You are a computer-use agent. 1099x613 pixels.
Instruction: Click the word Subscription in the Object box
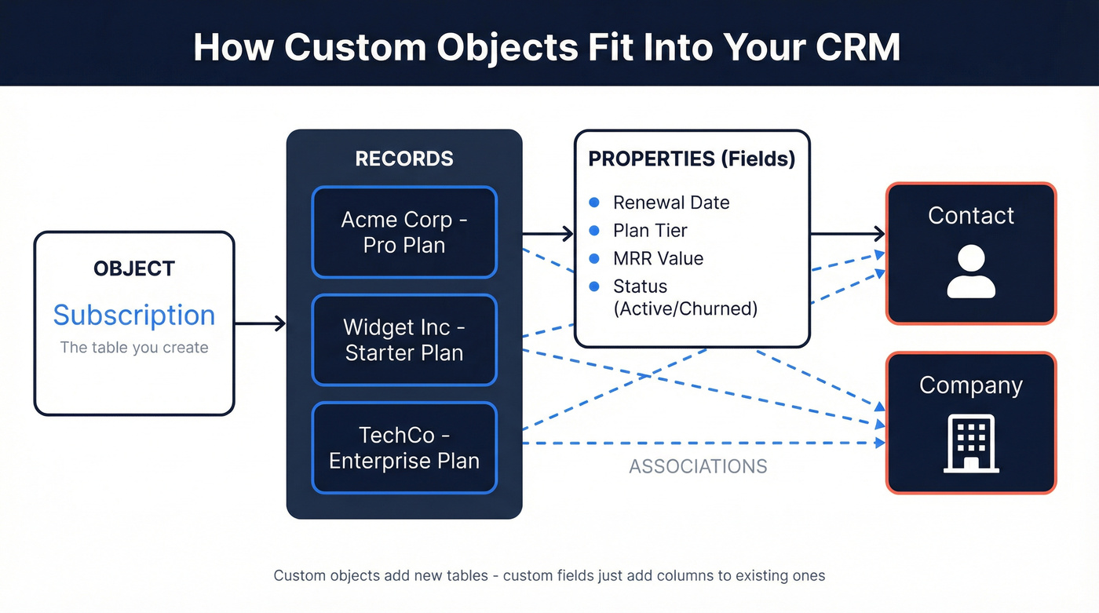coord(134,315)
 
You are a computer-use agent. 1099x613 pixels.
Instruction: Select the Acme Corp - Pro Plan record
coord(404,232)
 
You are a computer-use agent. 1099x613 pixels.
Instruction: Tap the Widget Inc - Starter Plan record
coord(404,340)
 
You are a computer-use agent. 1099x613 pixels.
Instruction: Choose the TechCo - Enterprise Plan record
coord(404,447)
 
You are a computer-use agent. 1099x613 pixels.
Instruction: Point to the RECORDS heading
coord(404,159)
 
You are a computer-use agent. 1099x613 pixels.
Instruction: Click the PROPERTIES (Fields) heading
coord(692,159)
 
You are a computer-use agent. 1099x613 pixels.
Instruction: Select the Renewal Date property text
coord(671,203)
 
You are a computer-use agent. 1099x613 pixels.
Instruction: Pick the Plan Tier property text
coord(650,231)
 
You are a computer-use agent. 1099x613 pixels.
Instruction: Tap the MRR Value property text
coord(658,258)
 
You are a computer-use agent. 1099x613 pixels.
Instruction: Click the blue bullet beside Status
coord(595,286)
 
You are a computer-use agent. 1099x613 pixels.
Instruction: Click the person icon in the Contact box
coord(971,272)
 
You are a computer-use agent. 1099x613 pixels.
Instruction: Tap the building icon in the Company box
coord(971,443)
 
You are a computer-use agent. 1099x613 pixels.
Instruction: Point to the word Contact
coord(971,216)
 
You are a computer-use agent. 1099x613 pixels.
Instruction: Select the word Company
coord(971,385)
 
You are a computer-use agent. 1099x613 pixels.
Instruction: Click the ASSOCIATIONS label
coord(698,466)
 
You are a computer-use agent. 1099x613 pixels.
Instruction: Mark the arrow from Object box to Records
coord(261,323)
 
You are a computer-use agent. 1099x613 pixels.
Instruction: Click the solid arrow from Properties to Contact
coord(848,233)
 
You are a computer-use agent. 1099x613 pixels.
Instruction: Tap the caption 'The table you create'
coord(134,348)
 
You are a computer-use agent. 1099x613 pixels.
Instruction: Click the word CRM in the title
coord(858,47)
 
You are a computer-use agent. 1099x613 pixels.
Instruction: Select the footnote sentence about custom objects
coord(549,575)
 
